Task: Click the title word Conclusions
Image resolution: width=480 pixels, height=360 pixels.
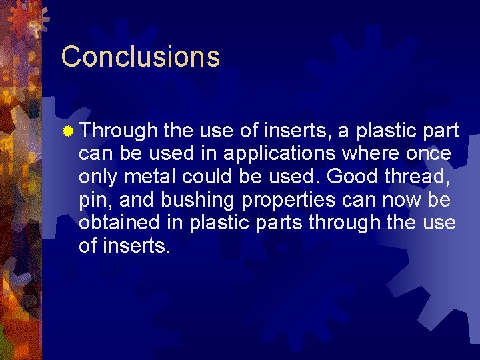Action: [140, 57]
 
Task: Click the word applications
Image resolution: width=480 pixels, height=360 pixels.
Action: [279, 154]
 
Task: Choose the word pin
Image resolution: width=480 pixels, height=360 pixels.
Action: [93, 200]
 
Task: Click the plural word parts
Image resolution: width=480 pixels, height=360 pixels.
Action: [277, 223]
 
